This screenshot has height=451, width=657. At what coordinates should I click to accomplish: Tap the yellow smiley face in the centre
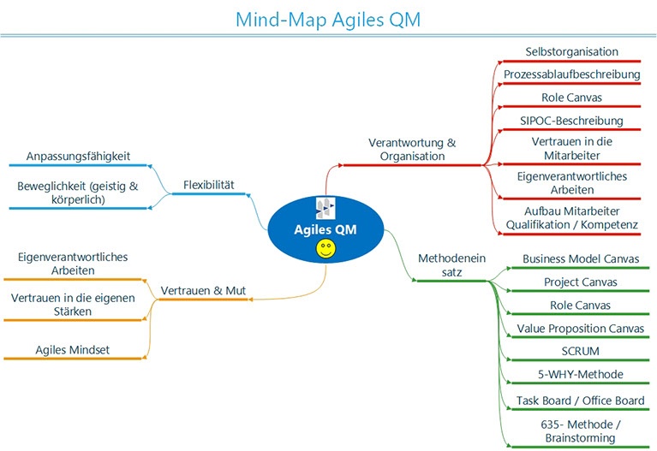[x=326, y=249]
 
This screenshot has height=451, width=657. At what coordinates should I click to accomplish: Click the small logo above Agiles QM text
[x=326, y=208]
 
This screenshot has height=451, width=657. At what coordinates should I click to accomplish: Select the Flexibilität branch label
[x=208, y=183]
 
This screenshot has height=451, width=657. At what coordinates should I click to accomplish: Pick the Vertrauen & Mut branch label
[x=203, y=291]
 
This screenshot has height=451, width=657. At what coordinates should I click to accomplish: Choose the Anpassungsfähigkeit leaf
[x=78, y=157]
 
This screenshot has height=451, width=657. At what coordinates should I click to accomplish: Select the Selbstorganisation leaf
[x=571, y=52]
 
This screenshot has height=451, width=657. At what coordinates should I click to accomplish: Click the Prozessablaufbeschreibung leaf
[x=571, y=74]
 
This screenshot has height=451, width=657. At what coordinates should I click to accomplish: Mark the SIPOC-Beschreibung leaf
[x=571, y=120]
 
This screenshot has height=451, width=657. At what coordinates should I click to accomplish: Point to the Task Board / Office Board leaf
[x=581, y=400]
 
